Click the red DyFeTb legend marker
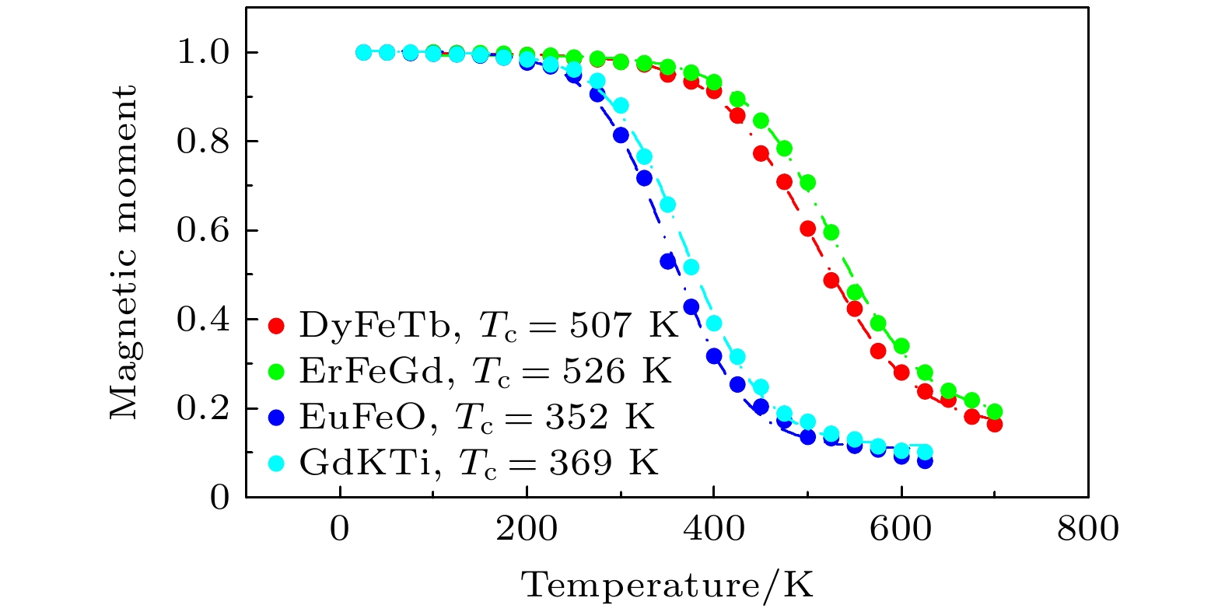pos(275,325)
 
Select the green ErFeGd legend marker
pos(275,371)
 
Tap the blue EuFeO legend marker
pos(275,418)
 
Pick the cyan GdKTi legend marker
pos(275,463)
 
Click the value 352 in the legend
pos(576,418)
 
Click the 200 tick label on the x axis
pos(527,530)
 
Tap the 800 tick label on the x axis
pos(1087,530)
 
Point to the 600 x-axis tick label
pos(901,530)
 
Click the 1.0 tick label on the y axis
pos(203,52)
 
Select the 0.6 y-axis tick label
pos(203,230)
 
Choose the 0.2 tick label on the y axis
pos(203,408)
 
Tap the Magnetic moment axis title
pos(124,253)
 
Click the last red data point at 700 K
pos(994,425)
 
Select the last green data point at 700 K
pos(994,411)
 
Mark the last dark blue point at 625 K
pos(924,461)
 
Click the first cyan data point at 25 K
pos(363,52)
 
